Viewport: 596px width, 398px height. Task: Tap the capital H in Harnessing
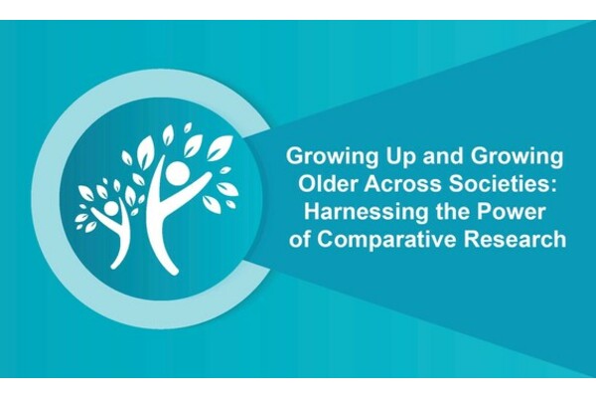coord(312,212)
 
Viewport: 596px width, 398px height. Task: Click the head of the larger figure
coord(177,172)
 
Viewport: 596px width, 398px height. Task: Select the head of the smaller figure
coord(111,209)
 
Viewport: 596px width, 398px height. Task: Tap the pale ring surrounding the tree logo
coord(46,198)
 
